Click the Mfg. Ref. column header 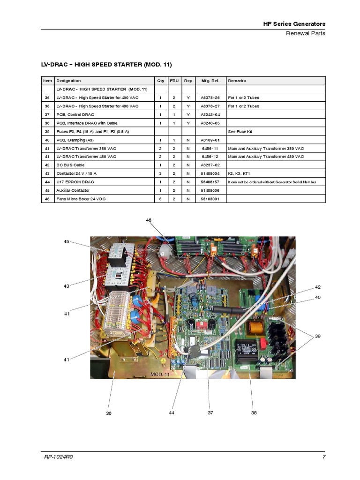207,81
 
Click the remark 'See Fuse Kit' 240,131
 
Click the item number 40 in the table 47,140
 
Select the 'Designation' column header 68,81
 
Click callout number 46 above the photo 149,220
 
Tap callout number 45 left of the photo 67,241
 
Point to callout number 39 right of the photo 318,336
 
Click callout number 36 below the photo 109,413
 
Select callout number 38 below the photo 254,413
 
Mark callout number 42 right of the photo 318,287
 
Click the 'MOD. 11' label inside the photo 160,375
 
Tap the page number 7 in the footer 324,457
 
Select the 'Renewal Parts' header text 306,33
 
